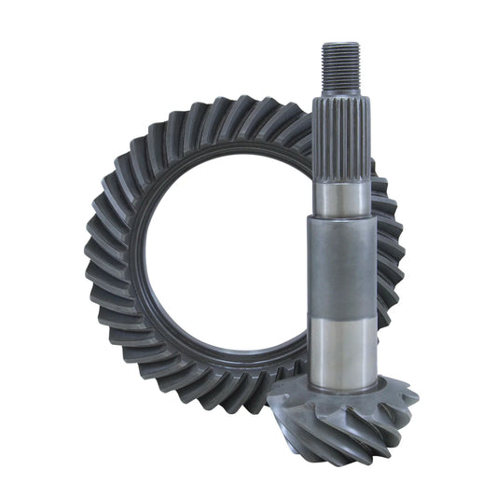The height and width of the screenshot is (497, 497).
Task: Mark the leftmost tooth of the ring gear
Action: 93,252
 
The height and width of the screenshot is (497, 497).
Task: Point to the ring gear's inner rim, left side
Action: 136,252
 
